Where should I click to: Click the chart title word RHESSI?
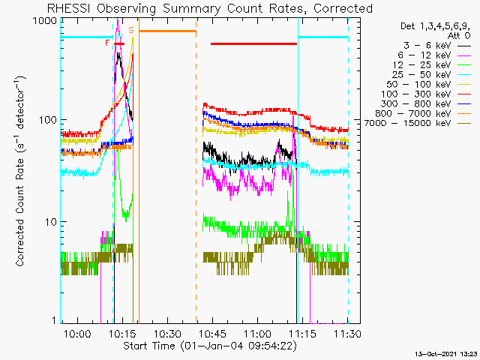(x=68, y=8)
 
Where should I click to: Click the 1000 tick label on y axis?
(x=45, y=21)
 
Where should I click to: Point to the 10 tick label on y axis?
(x=50, y=222)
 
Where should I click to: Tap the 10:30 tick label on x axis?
(x=167, y=333)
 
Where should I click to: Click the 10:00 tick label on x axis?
(x=77, y=333)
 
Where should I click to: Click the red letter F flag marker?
(x=107, y=43)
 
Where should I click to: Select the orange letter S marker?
(x=131, y=30)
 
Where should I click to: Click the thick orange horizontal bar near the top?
(x=167, y=31)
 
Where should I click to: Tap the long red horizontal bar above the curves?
(x=253, y=43)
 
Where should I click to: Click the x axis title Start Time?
(x=149, y=346)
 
